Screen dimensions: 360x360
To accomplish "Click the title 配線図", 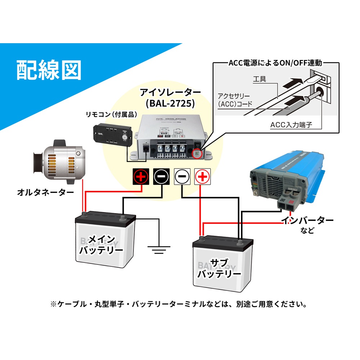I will click(49, 69).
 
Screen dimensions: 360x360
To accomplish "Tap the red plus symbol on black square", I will click(141, 176).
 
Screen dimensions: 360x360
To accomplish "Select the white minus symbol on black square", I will click(161, 176).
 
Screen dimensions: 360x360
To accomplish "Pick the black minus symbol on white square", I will click(182, 176).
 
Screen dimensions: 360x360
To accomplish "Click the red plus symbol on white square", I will click(202, 176).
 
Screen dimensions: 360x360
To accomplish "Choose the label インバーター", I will click(307, 220).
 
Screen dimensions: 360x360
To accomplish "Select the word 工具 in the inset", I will click(259, 78).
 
